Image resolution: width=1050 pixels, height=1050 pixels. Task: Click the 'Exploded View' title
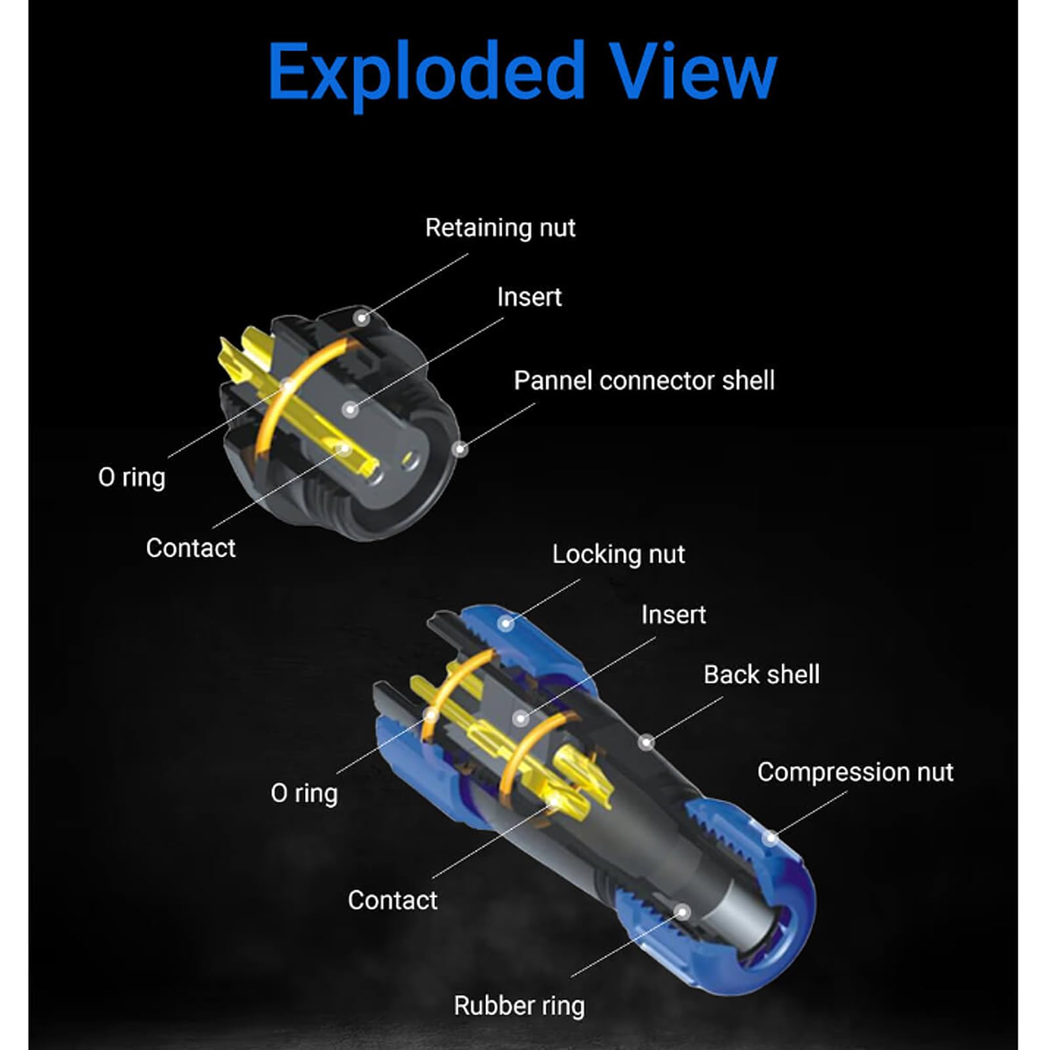click(x=522, y=72)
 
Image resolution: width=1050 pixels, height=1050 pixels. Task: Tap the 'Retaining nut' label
click(x=500, y=228)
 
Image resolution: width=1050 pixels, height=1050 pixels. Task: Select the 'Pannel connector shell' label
click(x=643, y=380)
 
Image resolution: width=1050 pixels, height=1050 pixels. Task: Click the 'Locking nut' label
click(x=618, y=555)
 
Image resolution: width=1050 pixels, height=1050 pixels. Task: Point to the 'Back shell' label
click(x=761, y=674)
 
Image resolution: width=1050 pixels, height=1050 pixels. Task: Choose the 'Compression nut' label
click(x=855, y=773)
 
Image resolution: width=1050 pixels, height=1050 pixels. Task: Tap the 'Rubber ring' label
click(x=519, y=1006)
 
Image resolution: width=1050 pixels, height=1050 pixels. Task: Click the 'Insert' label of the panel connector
click(x=529, y=297)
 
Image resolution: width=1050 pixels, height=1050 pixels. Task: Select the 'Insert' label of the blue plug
click(x=674, y=615)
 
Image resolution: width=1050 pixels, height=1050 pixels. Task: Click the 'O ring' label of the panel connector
click(x=132, y=477)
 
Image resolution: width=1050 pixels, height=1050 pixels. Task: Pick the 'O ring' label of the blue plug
click(x=304, y=794)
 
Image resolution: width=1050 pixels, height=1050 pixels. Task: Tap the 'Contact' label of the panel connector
click(x=190, y=548)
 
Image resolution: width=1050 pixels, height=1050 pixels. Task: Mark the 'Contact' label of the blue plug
click(x=392, y=900)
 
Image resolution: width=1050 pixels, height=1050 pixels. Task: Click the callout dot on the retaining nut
click(x=361, y=318)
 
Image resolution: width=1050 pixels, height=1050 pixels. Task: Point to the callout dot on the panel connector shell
click(x=460, y=449)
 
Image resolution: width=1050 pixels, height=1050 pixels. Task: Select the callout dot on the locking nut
click(x=505, y=623)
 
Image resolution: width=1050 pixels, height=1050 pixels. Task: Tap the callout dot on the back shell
click(x=646, y=742)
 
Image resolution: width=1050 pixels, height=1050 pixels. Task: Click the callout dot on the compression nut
click(x=771, y=838)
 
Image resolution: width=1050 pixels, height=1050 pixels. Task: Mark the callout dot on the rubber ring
click(x=683, y=912)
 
